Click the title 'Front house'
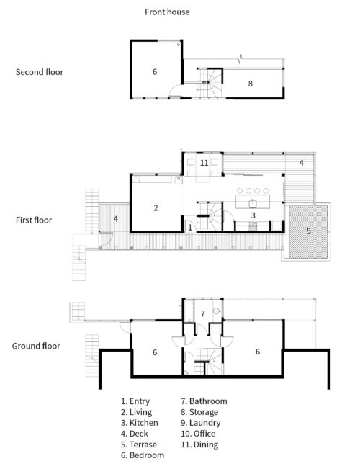click(x=167, y=12)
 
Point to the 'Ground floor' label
click(x=36, y=346)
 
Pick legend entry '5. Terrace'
click(x=140, y=445)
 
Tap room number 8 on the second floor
click(x=250, y=84)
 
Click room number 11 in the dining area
click(x=204, y=164)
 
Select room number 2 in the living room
click(x=156, y=208)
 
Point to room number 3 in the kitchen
click(x=253, y=215)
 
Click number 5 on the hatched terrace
click(x=308, y=232)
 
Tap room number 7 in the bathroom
click(x=203, y=313)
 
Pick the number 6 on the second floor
click(x=154, y=72)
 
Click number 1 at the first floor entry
click(x=189, y=228)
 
